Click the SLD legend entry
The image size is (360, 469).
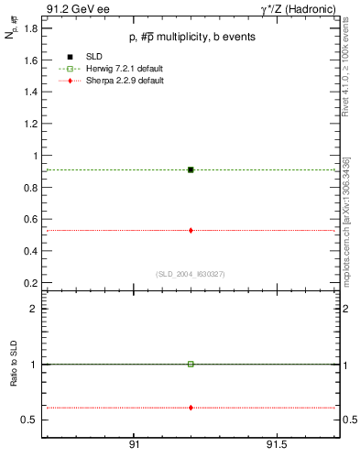[x=82, y=57]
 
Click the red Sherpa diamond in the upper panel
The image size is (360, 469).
[x=191, y=230]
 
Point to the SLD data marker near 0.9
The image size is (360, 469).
[x=191, y=169]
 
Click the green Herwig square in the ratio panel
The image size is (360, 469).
[x=191, y=364]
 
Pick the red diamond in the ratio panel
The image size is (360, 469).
[x=191, y=407]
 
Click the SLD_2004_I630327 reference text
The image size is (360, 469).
[x=191, y=273]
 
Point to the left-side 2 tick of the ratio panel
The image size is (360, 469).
[x=32, y=309]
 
